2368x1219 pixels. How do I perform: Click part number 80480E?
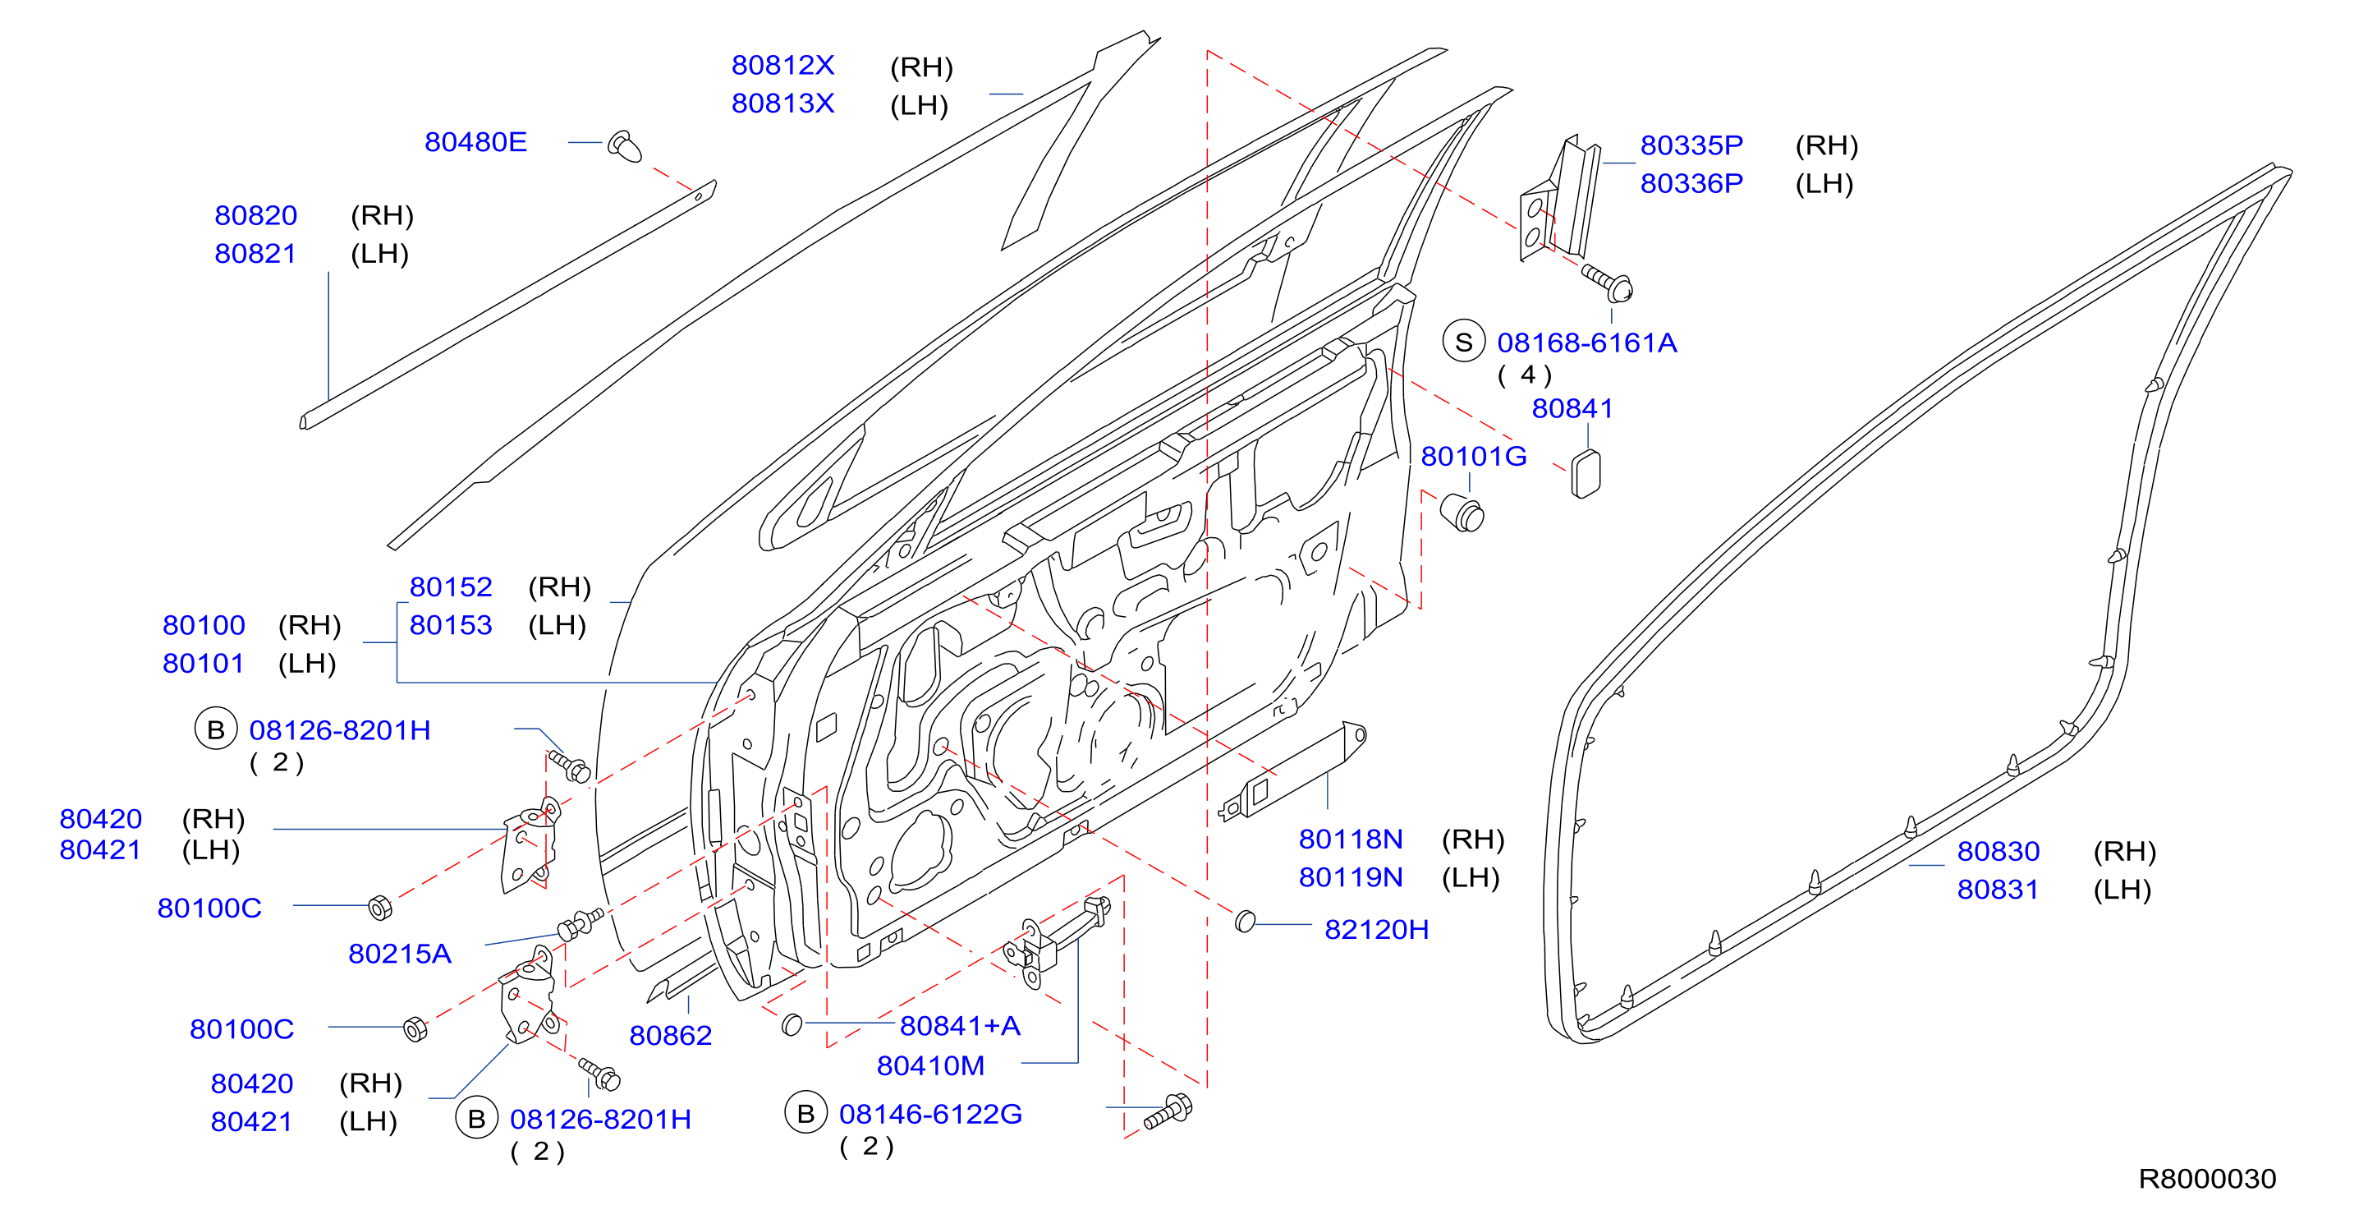475,142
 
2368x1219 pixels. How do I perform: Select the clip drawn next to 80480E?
625,146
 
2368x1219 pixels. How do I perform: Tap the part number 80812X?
782,65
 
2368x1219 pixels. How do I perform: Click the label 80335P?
1691,145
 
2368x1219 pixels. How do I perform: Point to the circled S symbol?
1464,342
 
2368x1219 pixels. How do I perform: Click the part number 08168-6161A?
1586,343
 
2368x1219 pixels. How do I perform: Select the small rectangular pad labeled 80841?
1586,474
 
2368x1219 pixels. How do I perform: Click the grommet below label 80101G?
1462,513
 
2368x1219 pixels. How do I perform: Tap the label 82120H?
1376,929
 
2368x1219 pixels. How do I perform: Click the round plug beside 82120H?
1245,920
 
